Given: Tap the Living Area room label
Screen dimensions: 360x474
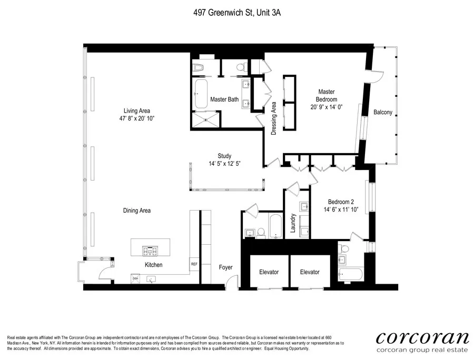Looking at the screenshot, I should pos(137,111).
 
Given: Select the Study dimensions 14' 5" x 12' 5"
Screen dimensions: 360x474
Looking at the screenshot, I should pos(224,164).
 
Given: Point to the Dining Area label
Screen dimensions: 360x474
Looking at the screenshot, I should pos(137,211).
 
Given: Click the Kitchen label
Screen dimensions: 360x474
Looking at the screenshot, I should pos(153,265).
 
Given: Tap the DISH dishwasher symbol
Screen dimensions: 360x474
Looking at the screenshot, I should pos(135,278).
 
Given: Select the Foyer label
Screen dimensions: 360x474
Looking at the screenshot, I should pos(225,267).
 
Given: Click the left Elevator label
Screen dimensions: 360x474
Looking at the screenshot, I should pos(269,272).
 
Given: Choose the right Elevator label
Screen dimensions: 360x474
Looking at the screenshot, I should pos(310,272).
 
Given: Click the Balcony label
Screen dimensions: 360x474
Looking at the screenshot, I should pos(383,112).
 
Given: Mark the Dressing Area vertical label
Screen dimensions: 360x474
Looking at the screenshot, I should pos(273,119).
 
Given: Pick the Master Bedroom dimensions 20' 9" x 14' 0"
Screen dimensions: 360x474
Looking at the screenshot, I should pos(327,106).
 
